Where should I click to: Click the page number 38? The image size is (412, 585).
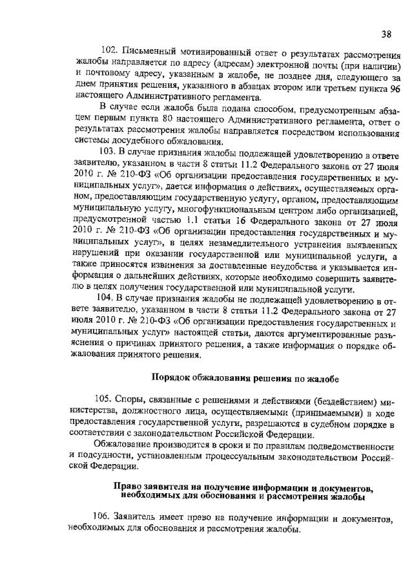point(386,34)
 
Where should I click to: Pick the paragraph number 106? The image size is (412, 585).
point(102,518)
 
